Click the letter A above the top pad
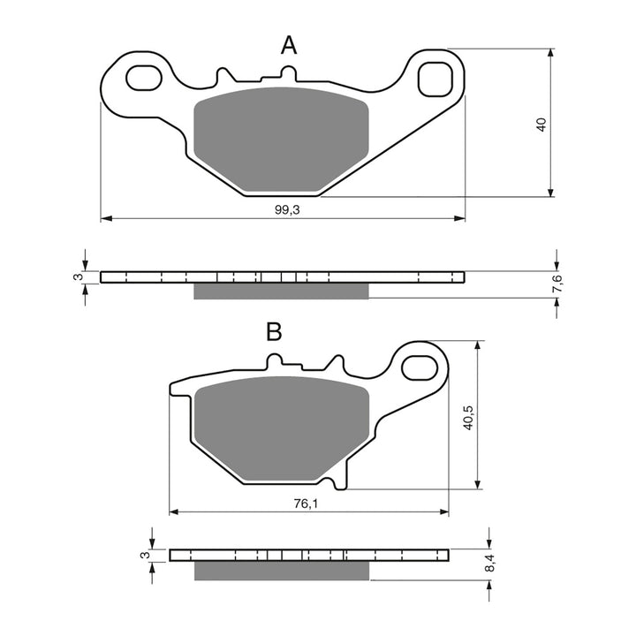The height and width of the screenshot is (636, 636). tap(288, 46)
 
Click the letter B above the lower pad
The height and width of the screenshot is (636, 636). tap(274, 332)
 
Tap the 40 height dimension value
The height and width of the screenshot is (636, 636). tap(542, 124)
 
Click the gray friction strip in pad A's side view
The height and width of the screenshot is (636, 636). tap(281, 291)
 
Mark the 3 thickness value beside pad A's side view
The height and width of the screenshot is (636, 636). tap(78, 277)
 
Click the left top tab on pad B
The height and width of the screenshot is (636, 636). tap(275, 360)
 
